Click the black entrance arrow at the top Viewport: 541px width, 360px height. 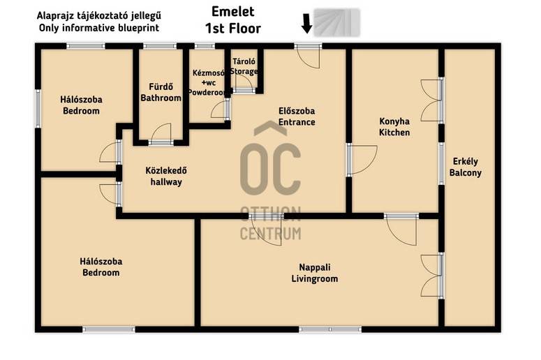[306, 24]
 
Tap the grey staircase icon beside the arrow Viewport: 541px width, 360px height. [336, 23]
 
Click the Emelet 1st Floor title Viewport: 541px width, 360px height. [233, 20]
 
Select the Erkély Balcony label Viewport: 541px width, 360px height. [465, 167]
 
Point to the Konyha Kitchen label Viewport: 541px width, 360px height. [394, 126]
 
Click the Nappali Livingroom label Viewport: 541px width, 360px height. [315, 273]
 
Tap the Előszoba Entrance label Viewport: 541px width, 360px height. [297, 117]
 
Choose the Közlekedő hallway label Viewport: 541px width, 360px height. [166, 177]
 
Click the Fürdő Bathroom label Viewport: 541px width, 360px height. [161, 92]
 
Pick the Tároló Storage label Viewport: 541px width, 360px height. [244, 66]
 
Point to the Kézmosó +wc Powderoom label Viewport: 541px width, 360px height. [208, 82]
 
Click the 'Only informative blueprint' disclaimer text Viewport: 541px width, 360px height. [99, 28]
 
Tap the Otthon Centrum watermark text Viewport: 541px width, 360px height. [271, 223]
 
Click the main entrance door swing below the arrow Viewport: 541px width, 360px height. [309, 58]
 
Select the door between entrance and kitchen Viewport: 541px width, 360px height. [362, 160]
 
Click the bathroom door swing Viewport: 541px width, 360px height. [161, 134]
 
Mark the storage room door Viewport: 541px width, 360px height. [244, 83]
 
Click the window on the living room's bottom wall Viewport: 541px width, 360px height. [330, 330]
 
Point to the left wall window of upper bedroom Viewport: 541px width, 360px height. [38, 109]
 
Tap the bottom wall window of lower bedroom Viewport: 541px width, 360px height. [109, 330]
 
